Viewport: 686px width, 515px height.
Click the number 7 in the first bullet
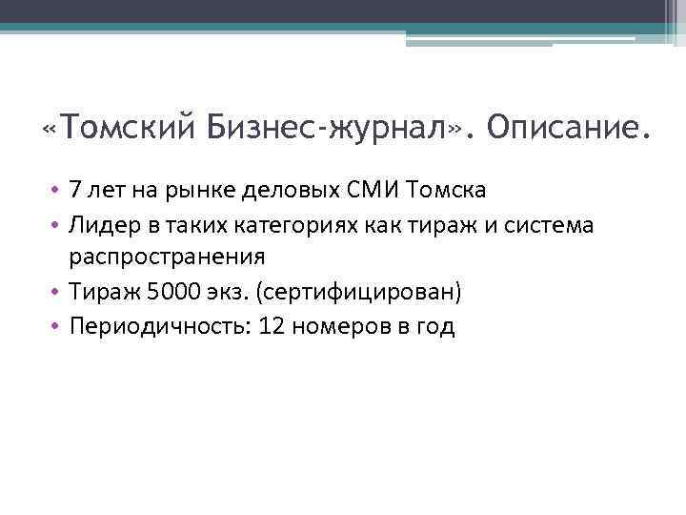(x=74, y=190)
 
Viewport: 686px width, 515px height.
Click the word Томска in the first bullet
(x=446, y=190)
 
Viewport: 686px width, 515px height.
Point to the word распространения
(x=166, y=257)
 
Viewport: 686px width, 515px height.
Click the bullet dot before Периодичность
(x=56, y=326)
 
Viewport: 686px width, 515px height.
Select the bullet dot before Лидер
(x=56, y=223)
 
